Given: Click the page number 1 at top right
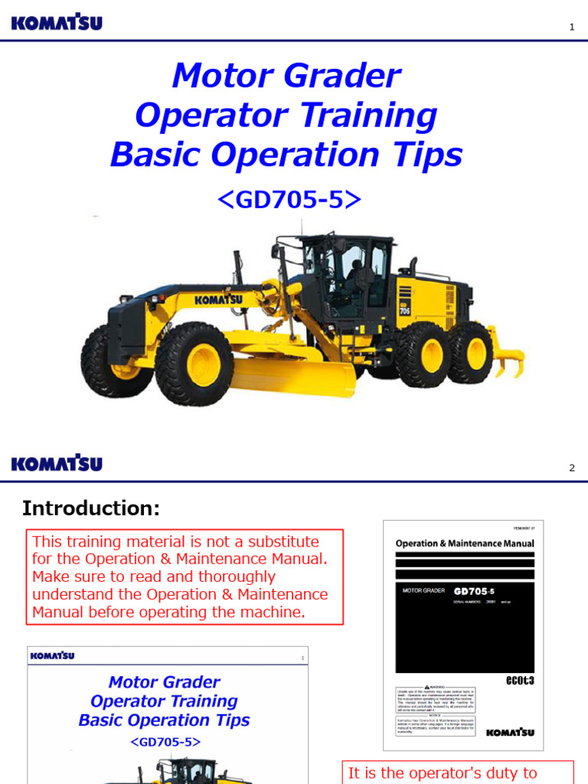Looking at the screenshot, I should point(571,28).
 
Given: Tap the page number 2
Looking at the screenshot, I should point(571,468).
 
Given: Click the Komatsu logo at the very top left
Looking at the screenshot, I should point(57,24).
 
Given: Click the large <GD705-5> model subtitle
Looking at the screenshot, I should point(289,199).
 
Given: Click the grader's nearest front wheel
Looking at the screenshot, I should point(194,364).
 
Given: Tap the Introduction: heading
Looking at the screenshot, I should point(91,508).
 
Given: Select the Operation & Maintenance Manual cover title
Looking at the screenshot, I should point(465,544).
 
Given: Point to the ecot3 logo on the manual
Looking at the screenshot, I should point(519,680).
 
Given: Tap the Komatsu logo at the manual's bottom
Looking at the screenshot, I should point(510,732).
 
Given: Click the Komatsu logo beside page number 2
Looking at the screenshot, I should point(57,464).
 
